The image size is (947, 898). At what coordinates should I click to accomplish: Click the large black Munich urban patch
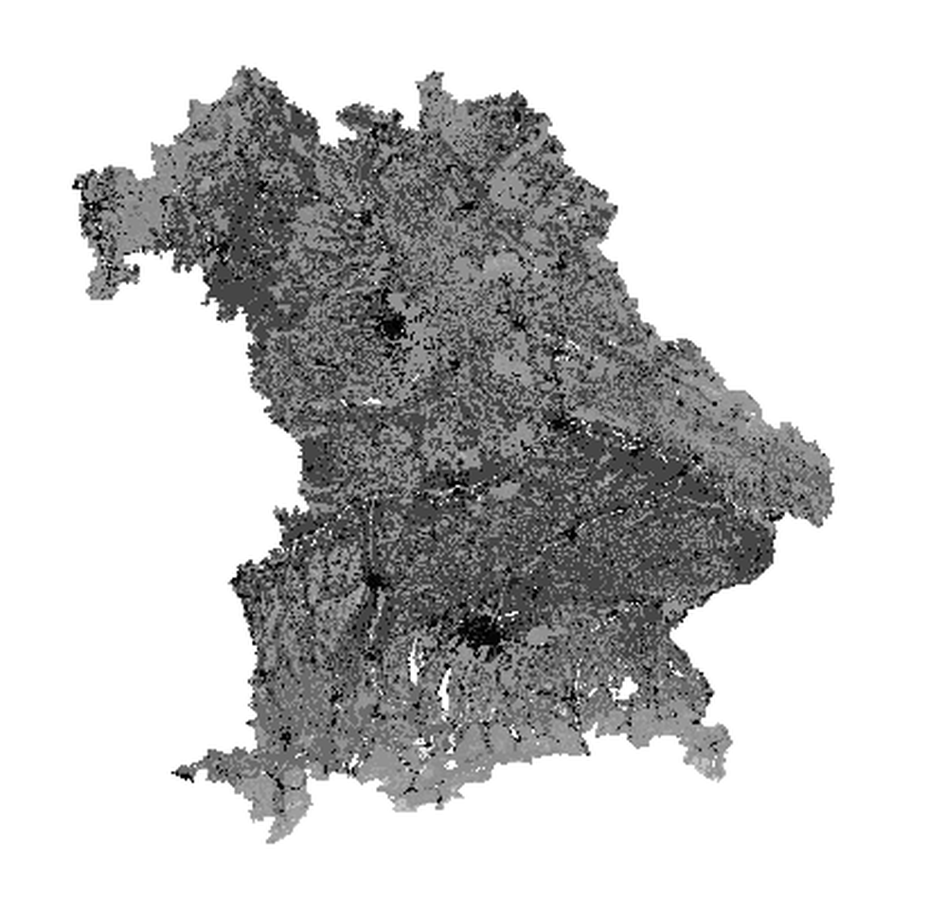click(x=482, y=630)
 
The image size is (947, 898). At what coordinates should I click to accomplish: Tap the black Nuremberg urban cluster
click(x=389, y=328)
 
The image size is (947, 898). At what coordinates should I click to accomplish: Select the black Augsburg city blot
click(x=373, y=579)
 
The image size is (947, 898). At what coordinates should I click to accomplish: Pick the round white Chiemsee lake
click(x=624, y=690)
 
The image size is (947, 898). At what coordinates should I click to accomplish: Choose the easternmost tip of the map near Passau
click(x=830, y=479)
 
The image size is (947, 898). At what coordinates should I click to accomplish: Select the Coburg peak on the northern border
click(x=432, y=75)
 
